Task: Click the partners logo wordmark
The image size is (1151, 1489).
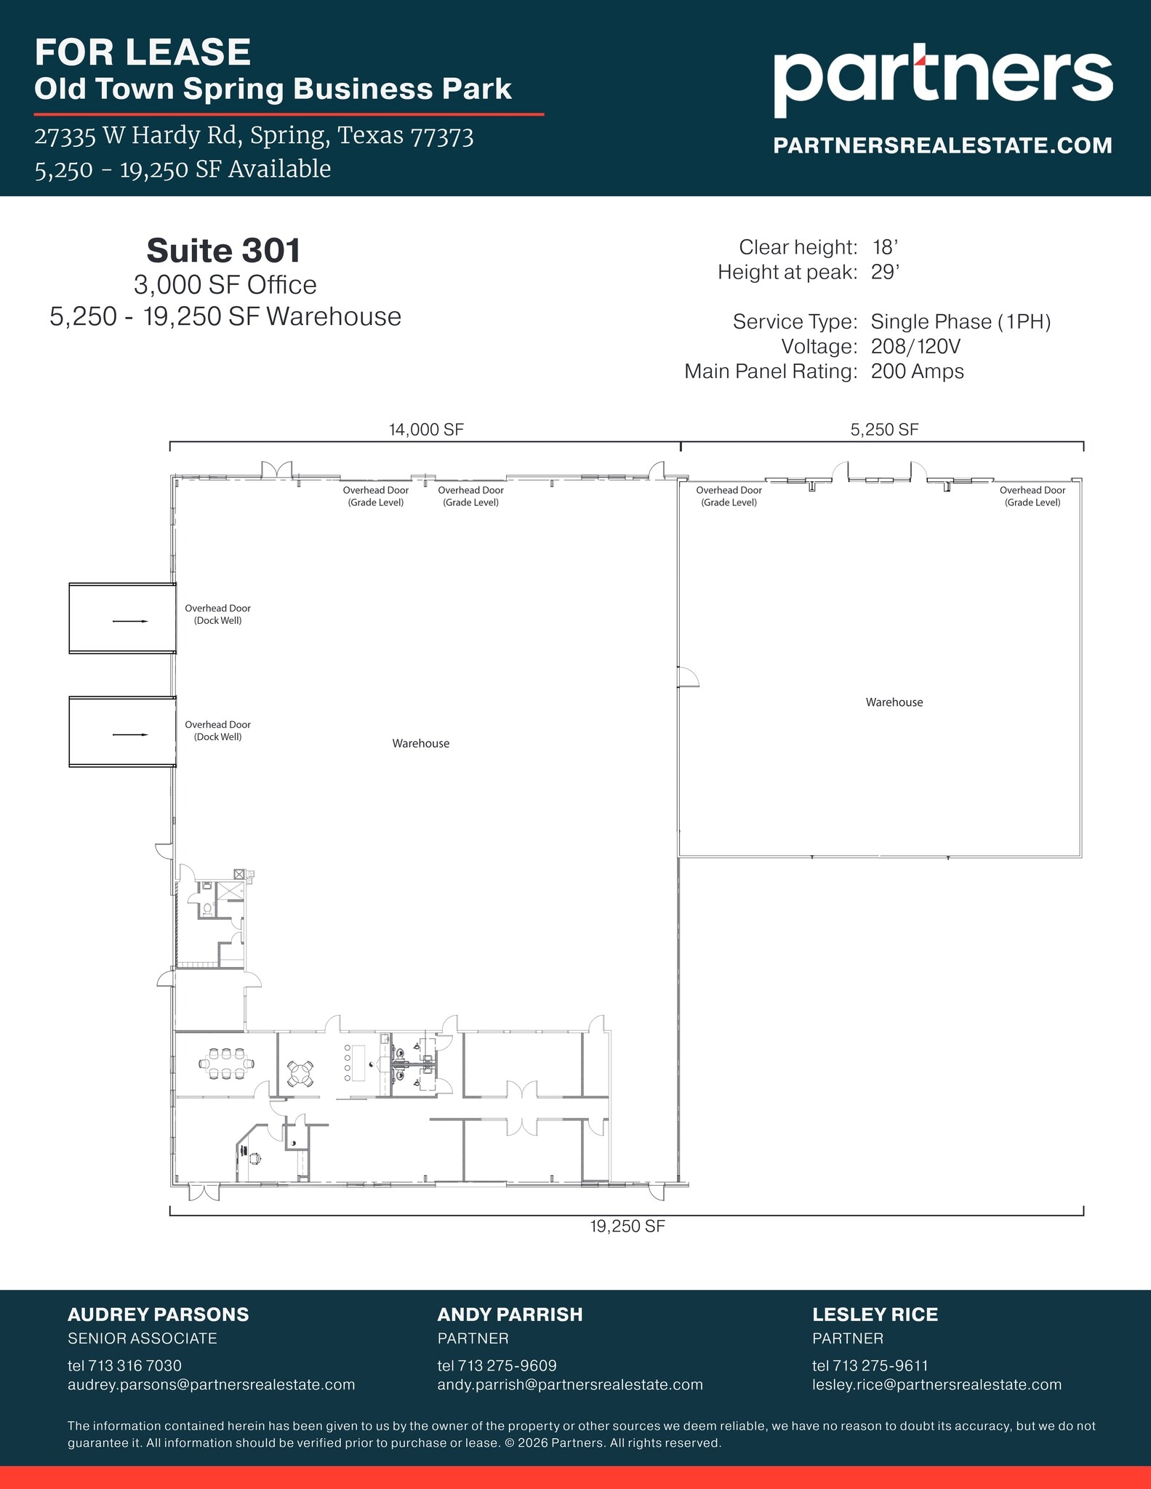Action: click(942, 79)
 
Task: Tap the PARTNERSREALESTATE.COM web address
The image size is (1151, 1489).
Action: click(942, 145)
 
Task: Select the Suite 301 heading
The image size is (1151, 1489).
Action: click(224, 251)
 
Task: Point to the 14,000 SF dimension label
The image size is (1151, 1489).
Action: click(426, 430)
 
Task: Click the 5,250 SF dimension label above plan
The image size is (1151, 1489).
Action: click(884, 430)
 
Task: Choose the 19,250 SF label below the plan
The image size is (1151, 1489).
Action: click(627, 1227)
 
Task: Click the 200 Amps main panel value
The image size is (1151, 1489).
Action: click(917, 372)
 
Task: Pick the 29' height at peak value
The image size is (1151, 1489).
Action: click(885, 273)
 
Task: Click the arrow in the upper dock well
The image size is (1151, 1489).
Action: click(130, 621)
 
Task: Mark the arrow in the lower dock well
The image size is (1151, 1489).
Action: click(130, 734)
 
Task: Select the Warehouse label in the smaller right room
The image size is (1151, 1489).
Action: click(894, 702)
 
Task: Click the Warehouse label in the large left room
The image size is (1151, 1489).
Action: click(420, 743)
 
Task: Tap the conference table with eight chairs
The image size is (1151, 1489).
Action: click(226, 1064)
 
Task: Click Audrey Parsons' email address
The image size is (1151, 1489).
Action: click(211, 1385)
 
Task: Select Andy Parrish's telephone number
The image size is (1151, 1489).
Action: click(497, 1365)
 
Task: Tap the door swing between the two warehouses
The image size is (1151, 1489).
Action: click(687, 677)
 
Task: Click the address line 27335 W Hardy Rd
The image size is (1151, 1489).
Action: click(254, 136)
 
